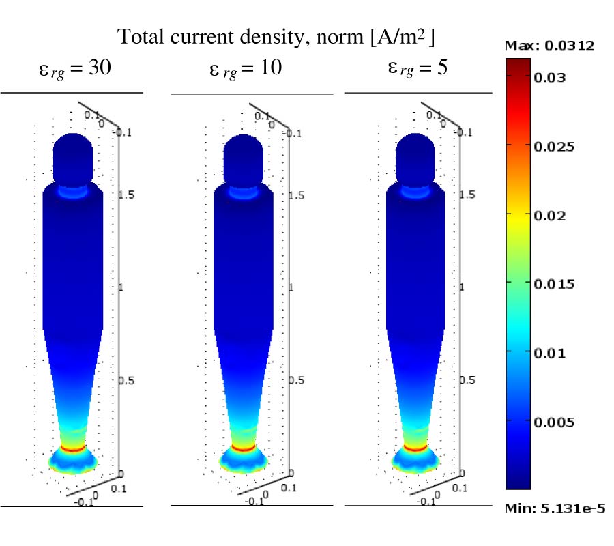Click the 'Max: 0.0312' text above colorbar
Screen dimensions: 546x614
549,46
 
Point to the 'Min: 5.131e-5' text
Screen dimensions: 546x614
555,508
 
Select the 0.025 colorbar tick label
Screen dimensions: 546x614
553,146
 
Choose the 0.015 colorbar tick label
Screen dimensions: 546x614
553,284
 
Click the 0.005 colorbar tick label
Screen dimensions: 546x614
553,422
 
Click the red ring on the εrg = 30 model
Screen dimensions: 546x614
72,448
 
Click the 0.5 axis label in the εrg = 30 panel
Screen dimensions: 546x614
127,380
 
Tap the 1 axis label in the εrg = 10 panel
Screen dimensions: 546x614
291,287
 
